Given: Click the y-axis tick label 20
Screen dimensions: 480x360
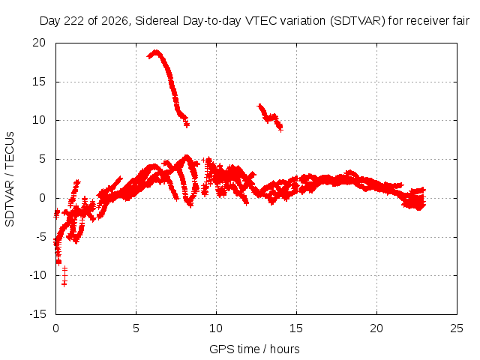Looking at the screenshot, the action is (x=39, y=43).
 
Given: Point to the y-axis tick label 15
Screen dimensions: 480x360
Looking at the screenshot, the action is (x=39, y=82).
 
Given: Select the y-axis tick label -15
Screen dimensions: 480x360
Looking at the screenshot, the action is (x=38, y=314).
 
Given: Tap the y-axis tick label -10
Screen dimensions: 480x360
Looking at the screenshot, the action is (x=38, y=275).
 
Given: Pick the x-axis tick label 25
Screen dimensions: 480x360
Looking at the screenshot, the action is (x=457, y=328).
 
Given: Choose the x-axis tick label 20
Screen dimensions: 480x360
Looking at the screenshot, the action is (x=376, y=328).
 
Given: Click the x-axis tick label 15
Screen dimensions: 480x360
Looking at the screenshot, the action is (x=296, y=328).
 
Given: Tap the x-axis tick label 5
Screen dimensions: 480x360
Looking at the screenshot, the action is (x=136, y=328).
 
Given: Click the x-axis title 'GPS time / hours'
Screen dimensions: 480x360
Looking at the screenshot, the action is (x=254, y=349).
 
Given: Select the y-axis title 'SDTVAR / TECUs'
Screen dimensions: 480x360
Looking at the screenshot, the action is (x=10, y=179).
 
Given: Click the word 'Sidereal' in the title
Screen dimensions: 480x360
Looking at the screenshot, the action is (x=157, y=21).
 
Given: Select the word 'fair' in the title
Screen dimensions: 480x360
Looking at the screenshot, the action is (x=461, y=21).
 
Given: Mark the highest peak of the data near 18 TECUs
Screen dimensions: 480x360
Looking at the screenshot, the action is (x=156, y=52).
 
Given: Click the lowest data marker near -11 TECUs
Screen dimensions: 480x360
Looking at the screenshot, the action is (x=64, y=284).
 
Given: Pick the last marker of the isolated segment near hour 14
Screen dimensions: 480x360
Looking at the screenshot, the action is (x=280, y=129).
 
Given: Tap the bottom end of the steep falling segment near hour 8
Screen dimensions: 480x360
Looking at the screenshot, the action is (x=187, y=124).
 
